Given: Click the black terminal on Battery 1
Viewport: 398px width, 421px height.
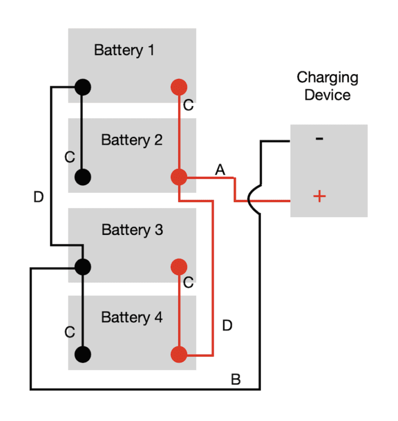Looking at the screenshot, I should (82, 87).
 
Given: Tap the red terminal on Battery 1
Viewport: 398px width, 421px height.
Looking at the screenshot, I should (179, 87).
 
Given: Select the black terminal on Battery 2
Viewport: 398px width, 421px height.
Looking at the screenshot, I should (82, 177).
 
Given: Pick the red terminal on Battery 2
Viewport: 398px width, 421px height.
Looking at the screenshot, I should (179, 177).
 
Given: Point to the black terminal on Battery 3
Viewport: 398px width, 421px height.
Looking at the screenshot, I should (82, 266).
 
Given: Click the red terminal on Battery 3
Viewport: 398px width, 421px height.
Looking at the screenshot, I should (179, 266).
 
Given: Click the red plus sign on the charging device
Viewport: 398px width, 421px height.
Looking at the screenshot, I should (320, 197).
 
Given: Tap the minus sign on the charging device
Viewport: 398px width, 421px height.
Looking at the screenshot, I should (320, 138).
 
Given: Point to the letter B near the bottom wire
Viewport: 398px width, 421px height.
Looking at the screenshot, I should (235, 380).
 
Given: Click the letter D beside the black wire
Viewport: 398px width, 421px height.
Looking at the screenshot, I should (38, 198).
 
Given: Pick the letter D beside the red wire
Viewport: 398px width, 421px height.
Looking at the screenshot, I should (227, 326).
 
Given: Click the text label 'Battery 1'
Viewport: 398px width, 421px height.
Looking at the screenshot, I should (124, 50).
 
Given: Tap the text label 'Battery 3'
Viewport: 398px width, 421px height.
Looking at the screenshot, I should (132, 230).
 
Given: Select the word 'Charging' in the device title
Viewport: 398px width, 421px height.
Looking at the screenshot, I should (327, 78).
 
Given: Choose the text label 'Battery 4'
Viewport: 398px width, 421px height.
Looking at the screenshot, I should (132, 317).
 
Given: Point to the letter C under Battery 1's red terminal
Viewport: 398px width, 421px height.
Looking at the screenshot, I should (188, 106).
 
